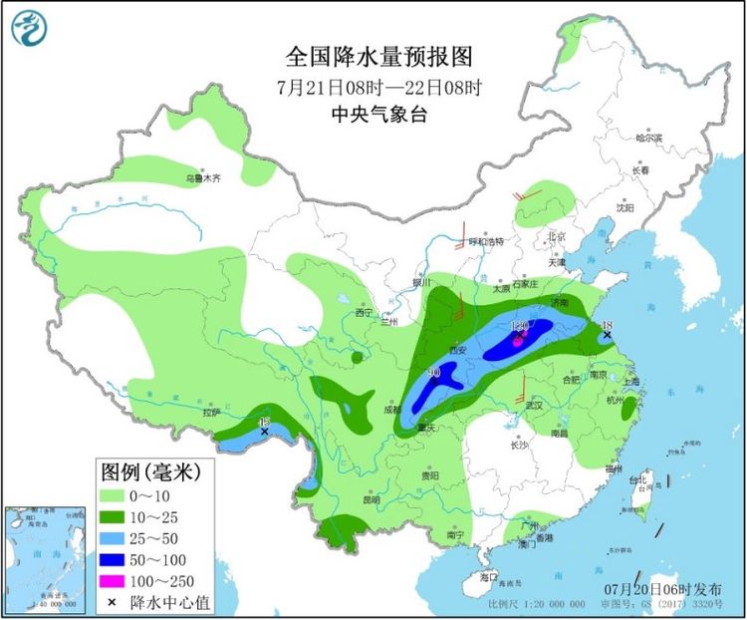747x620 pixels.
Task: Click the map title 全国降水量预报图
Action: tap(378, 56)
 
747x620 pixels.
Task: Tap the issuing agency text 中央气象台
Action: tap(378, 115)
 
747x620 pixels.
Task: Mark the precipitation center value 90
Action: tap(433, 373)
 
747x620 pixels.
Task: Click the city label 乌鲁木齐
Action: tap(200, 178)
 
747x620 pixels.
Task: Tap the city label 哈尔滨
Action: tap(648, 139)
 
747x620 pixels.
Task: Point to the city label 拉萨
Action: tap(210, 412)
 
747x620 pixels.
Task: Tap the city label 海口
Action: tap(487, 577)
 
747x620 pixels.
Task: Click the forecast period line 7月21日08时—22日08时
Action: tap(378, 87)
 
